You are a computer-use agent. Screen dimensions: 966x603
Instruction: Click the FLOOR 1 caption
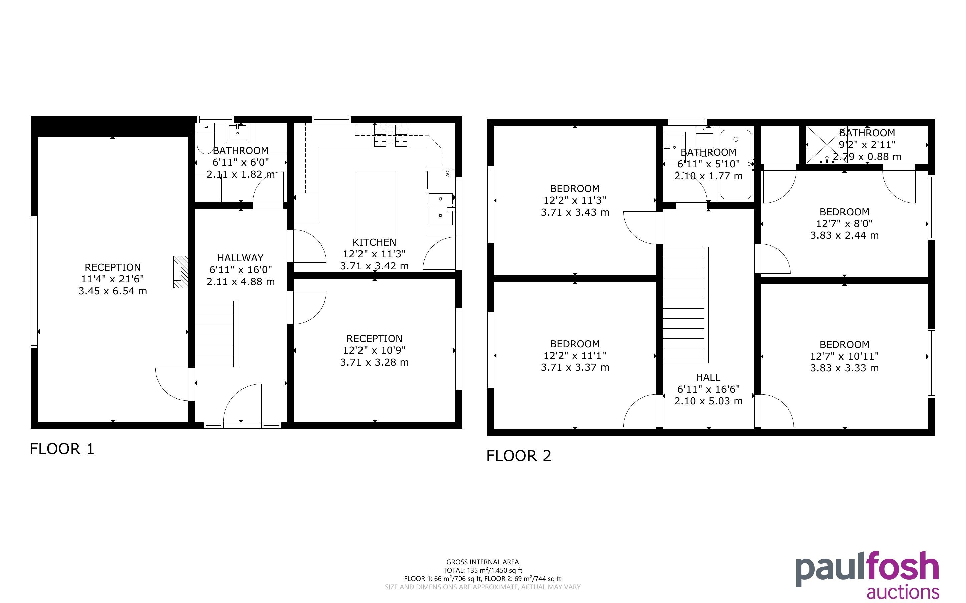click(x=62, y=449)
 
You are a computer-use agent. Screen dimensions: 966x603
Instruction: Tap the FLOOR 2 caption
click(x=519, y=456)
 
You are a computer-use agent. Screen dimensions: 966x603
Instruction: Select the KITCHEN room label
click(x=374, y=242)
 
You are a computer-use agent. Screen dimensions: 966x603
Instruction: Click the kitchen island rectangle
click(x=377, y=205)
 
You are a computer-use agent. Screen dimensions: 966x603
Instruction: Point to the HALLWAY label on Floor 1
click(x=240, y=258)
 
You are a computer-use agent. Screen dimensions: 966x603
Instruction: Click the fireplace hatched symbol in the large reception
click(x=180, y=272)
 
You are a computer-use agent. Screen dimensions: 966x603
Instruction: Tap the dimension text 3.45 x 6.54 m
click(x=113, y=291)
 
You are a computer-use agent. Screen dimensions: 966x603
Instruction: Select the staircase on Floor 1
click(x=216, y=334)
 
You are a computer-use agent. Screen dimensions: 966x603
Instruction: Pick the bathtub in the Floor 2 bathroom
click(x=736, y=165)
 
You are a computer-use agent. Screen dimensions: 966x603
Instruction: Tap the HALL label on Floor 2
click(x=708, y=377)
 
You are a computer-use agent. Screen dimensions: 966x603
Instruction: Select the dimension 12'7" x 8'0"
click(x=844, y=224)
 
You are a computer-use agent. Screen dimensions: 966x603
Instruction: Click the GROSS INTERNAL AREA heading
click(x=482, y=562)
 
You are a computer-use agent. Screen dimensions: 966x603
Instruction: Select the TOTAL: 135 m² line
click(x=482, y=570)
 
